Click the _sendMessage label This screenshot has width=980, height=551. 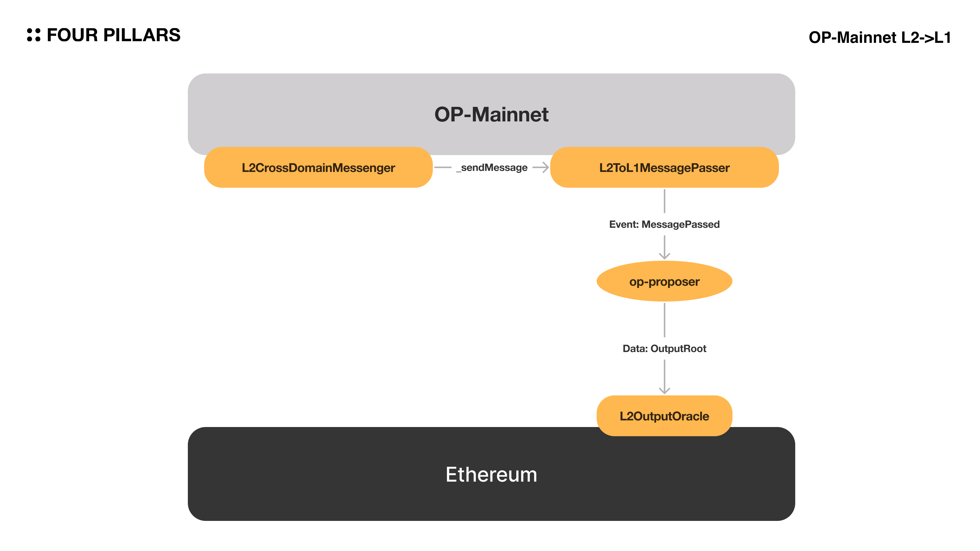[494, 168]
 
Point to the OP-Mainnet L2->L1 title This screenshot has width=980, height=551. [879, 37]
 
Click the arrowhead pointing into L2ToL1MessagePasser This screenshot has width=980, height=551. [545, 167]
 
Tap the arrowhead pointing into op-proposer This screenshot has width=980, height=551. [664, 256]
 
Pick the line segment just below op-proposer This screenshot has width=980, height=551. [664, 319]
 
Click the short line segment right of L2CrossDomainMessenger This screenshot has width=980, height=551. [443, 167]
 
